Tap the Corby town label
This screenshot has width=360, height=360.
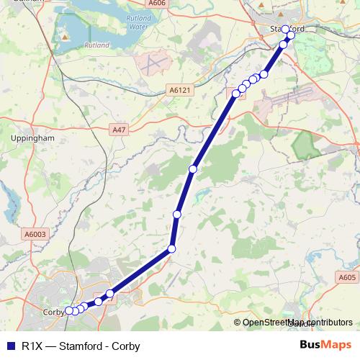53,312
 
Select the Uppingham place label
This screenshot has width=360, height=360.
33,137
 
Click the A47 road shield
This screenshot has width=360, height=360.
119,129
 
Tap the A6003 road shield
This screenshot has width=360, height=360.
35,234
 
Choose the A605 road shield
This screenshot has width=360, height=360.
346,276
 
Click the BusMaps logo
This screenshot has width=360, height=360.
325,346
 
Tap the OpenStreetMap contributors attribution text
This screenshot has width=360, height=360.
297,323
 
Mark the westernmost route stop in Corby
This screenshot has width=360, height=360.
69,311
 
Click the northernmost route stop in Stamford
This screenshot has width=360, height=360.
285,30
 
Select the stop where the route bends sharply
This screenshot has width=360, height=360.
171,249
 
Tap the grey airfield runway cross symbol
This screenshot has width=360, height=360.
152,63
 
